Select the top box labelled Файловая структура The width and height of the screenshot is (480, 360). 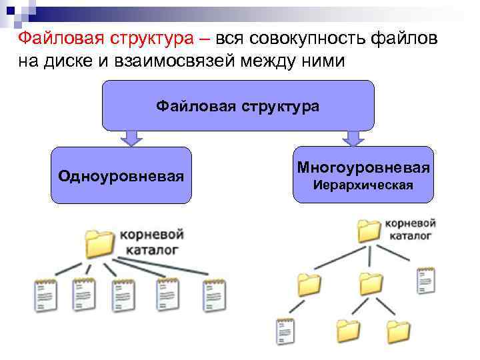point(238,105)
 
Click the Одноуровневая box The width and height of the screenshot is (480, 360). point(121,175)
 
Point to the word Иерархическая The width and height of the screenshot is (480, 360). point(363,185)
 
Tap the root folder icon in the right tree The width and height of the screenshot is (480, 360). point(369,230)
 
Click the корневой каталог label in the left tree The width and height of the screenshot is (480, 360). point(151,243)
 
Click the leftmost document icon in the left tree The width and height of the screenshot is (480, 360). point(45,294)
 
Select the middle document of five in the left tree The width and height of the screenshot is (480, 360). point(124,294)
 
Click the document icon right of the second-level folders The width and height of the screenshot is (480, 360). point(425,281)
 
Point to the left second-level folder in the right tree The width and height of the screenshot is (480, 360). point(309,285)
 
